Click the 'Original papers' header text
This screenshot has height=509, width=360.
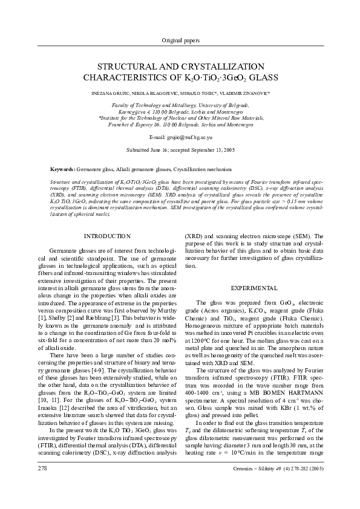[x=180, y=40]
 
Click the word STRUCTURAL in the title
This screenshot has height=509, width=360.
[x=127, y=66]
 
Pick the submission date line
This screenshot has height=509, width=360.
[x=180, y=149]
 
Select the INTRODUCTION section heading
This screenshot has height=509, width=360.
[x=106, y=236]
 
